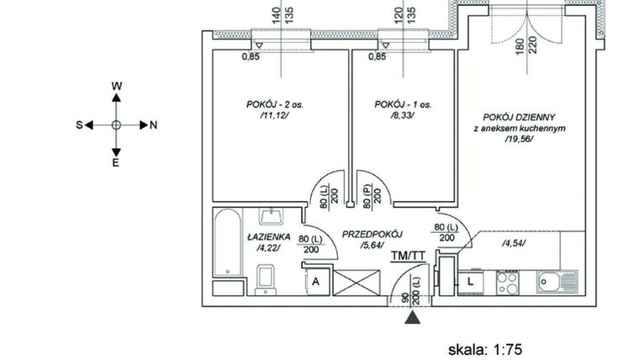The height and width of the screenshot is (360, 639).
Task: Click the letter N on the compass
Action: click(154, 125)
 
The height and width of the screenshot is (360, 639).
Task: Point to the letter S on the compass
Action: click(80, 125)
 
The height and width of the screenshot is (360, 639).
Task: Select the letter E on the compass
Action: click(117, 163)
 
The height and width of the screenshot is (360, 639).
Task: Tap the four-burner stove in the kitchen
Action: click(510, 281)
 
